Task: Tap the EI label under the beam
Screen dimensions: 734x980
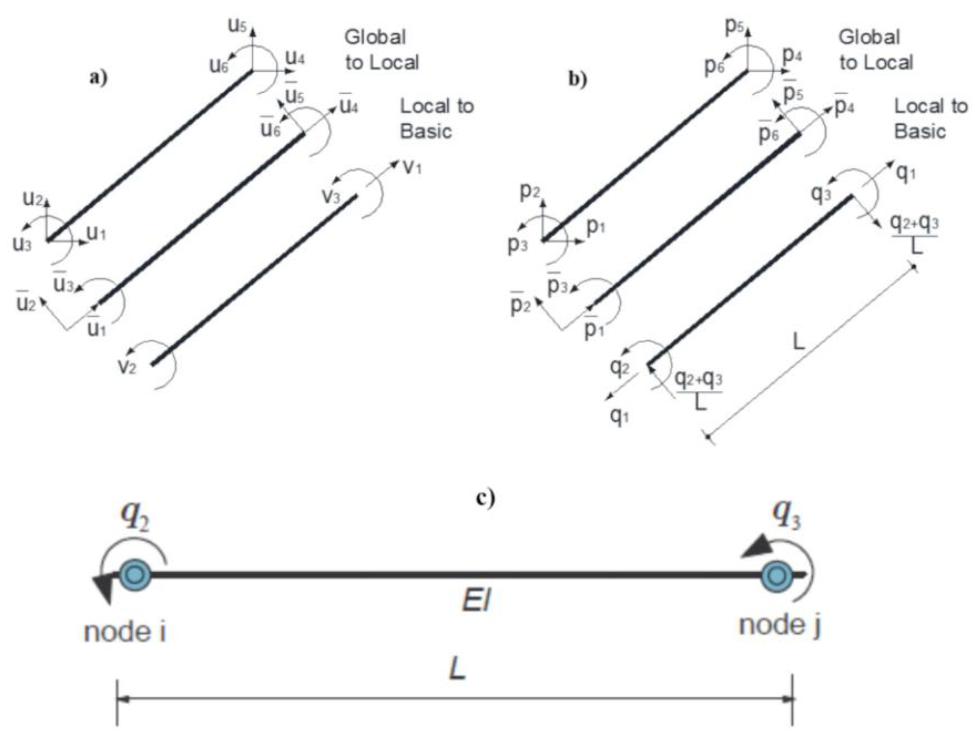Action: pyautogui.click(x=476, y=601)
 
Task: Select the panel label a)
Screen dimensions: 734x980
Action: pyautogui.click(x=98, y=78)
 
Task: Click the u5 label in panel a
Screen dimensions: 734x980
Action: pyautogui.click(x=237, y=26)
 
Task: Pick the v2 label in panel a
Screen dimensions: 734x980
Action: pyautogui.click(x=127, y=367)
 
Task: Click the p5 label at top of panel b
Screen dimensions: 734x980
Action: pyautogui.click(x=734, y=27)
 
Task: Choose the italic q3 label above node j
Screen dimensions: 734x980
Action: pyautogui.click(x=786, y=515)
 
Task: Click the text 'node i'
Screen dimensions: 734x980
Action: pyautogui.click(x=125, y=632)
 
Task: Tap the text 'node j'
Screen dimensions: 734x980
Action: pyautogui.click(x=780, y=626)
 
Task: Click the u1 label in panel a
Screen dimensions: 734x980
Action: pyautogui.click(x=96, y=232)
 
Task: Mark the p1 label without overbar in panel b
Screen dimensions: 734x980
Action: pyautogui.click(x=595, y=226)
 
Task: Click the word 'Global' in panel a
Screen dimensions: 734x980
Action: pyautogui.click(x=375, y=37)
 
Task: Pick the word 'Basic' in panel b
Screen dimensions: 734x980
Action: pyautogui.click(x=920, y=131)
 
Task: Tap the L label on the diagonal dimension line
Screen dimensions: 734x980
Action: pyautogui.click(x=798, y=342)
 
